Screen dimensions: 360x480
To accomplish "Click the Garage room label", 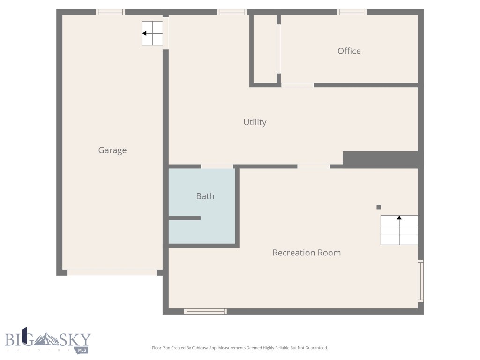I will (112, 150).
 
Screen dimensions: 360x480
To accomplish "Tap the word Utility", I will (255, 122).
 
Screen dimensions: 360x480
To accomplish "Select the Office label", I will (349, 51).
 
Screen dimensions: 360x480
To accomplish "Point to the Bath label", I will (205, 196).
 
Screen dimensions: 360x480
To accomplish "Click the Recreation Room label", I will (307, 253).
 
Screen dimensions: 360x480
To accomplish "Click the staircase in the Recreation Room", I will (399, 230).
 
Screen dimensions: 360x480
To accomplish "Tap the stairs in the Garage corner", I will (152, 33).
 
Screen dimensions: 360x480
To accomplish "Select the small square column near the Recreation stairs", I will (379, 207).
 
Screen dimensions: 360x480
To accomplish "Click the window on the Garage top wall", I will (111, 12).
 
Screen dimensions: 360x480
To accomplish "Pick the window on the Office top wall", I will (352, 12).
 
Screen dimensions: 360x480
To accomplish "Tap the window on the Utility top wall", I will (232, 12).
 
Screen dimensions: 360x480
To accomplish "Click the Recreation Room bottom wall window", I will (205, 311).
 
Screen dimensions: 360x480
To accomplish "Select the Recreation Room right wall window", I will (420, 281).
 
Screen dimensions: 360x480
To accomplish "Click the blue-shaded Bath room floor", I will (216, 230).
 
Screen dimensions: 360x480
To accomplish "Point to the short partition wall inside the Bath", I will (185, 218).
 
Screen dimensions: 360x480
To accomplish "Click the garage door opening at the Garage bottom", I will (112, 272).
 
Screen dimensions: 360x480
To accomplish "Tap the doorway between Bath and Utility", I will (217, 166).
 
